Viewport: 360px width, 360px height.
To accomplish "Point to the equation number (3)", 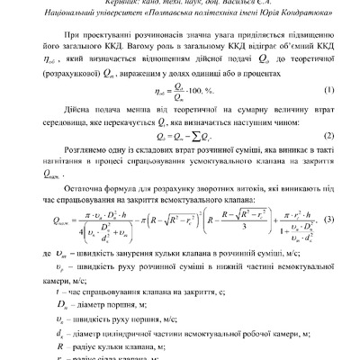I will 330,246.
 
